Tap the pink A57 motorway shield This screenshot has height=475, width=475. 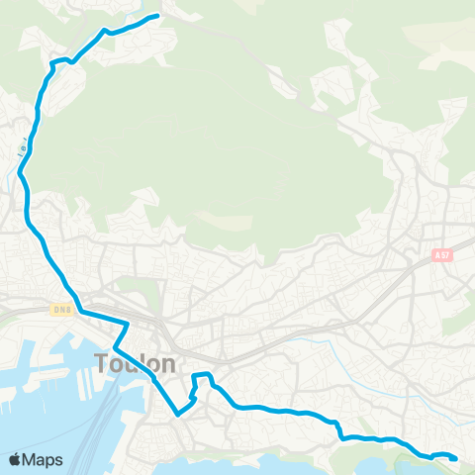(x=442, y=254)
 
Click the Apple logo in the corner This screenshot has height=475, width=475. (x=16, y=459)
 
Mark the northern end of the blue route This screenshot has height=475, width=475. (x=157, y=16)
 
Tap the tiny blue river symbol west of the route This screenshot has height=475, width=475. (x=21, y=151)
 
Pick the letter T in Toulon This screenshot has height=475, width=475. (x=102, y=363)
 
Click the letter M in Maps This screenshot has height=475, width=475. (x=31, y=459)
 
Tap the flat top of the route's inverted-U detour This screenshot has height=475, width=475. (x=201, y=374)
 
